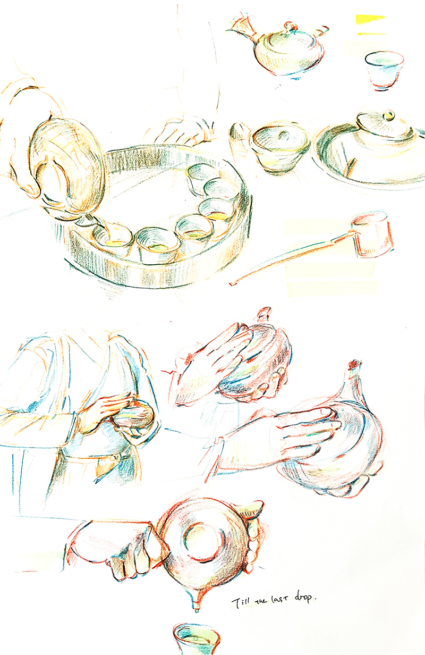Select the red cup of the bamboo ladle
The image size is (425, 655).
coord(371,234)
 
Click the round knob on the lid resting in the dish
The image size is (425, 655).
coord(389,115)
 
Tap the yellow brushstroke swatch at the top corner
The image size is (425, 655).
coord(370,20)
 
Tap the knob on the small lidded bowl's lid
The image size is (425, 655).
coord(282,135)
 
